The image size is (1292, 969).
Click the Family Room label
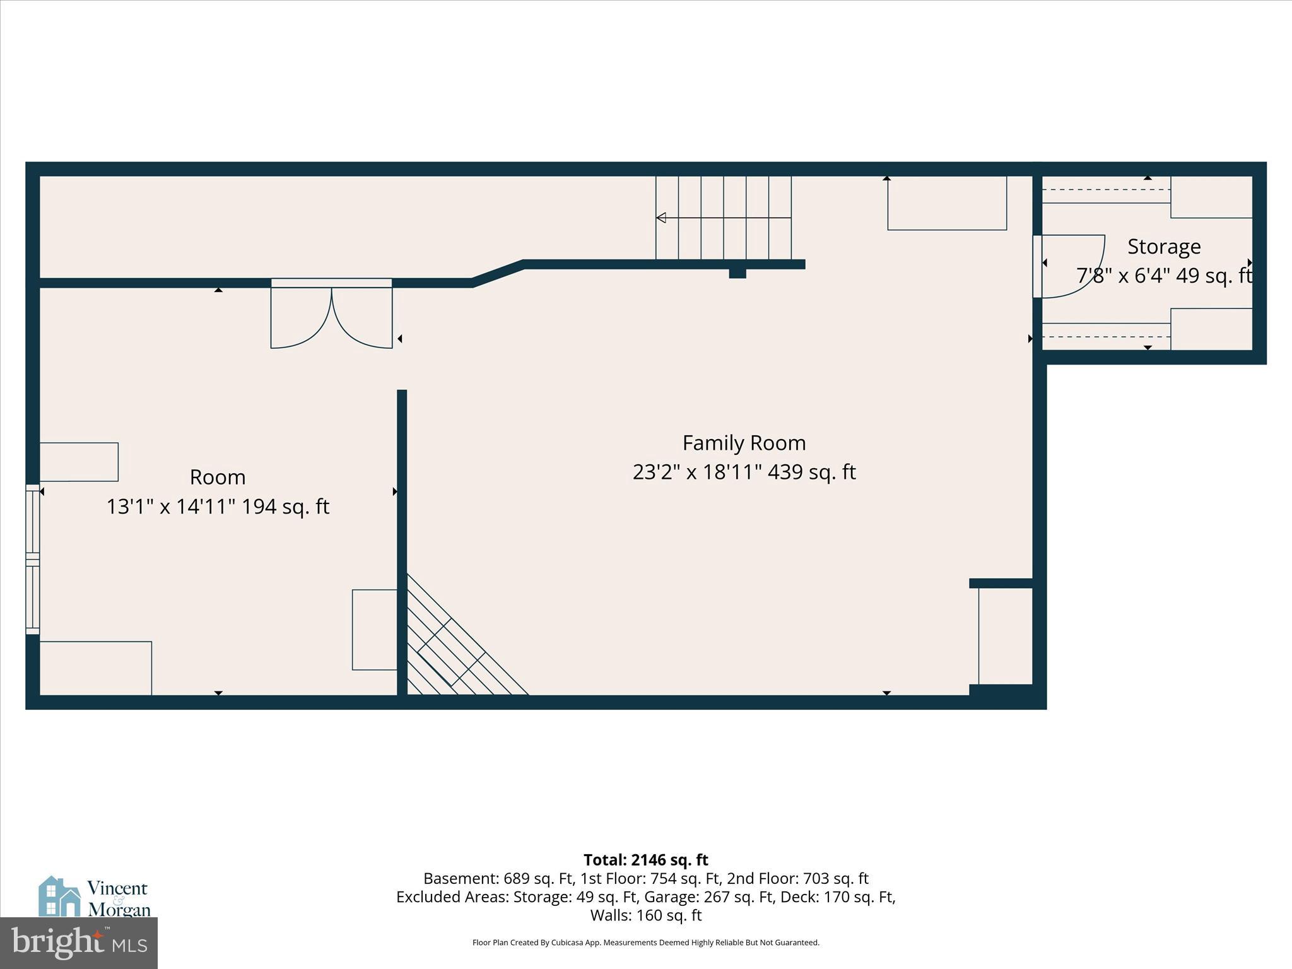[x=744, y=443]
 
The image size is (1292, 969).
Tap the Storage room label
[x=1163, y=247]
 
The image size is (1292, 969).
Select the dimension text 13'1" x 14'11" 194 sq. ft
[x=218, y=507]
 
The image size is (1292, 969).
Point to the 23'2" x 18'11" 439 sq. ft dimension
[x=744, y=473]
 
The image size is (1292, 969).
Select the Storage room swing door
[x=1069, y=266]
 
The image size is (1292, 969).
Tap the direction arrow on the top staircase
[x=661, y=218]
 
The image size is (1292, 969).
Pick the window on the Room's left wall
[x=32, y=558]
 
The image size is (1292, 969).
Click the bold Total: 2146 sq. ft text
[x=645, y=860]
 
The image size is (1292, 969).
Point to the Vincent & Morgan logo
[x=95, y=897]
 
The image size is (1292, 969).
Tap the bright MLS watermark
[x=79, y=943]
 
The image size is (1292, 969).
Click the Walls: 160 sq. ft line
[x=645, y=915]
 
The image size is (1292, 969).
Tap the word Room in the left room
[x=218, y=477]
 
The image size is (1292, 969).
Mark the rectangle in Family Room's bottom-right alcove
[x=1005, y=635]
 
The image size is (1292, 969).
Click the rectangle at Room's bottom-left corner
[x=95, y=668]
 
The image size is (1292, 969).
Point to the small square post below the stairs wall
[x=737, y=273]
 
